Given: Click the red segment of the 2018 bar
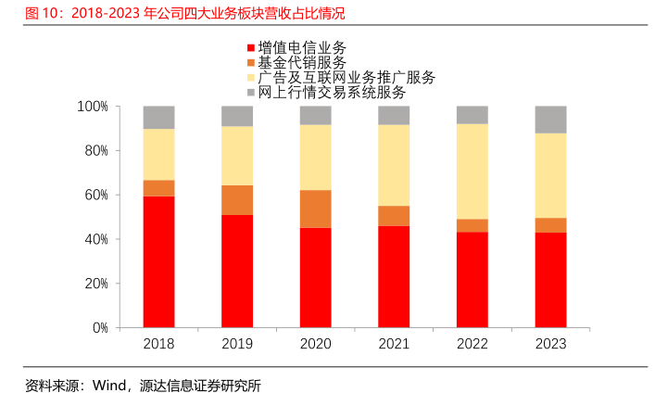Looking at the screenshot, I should pos(158,261).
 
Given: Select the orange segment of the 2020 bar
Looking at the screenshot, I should pos(315,209).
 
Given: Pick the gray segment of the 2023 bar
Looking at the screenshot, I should pos(550,120).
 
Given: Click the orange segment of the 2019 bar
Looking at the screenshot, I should pos(237,200).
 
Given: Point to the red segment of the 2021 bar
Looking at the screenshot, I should pos(394,276).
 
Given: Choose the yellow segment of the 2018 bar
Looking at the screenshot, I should pos(158,154).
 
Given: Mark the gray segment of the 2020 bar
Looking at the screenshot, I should pos(315,115).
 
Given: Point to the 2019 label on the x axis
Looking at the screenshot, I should pos(237,344).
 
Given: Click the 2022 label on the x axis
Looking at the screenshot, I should pos(472,344).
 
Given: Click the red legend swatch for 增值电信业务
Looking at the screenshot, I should pos(251,48).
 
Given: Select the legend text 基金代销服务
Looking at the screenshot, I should pos(302,62).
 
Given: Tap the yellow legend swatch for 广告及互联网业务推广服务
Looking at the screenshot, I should pos(251,78).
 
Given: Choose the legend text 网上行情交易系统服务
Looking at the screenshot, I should pos(332,93).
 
